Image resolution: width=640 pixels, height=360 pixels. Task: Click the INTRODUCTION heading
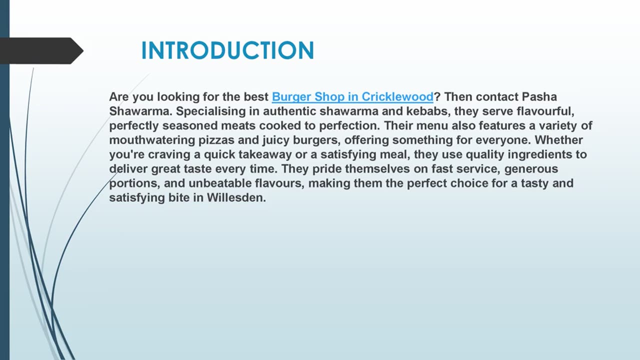pos(227,51)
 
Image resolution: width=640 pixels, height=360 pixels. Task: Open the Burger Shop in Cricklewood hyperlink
pos(352,96)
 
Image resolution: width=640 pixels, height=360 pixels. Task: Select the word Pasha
pos(539,96)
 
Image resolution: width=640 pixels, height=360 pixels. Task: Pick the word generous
pos(531,169)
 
